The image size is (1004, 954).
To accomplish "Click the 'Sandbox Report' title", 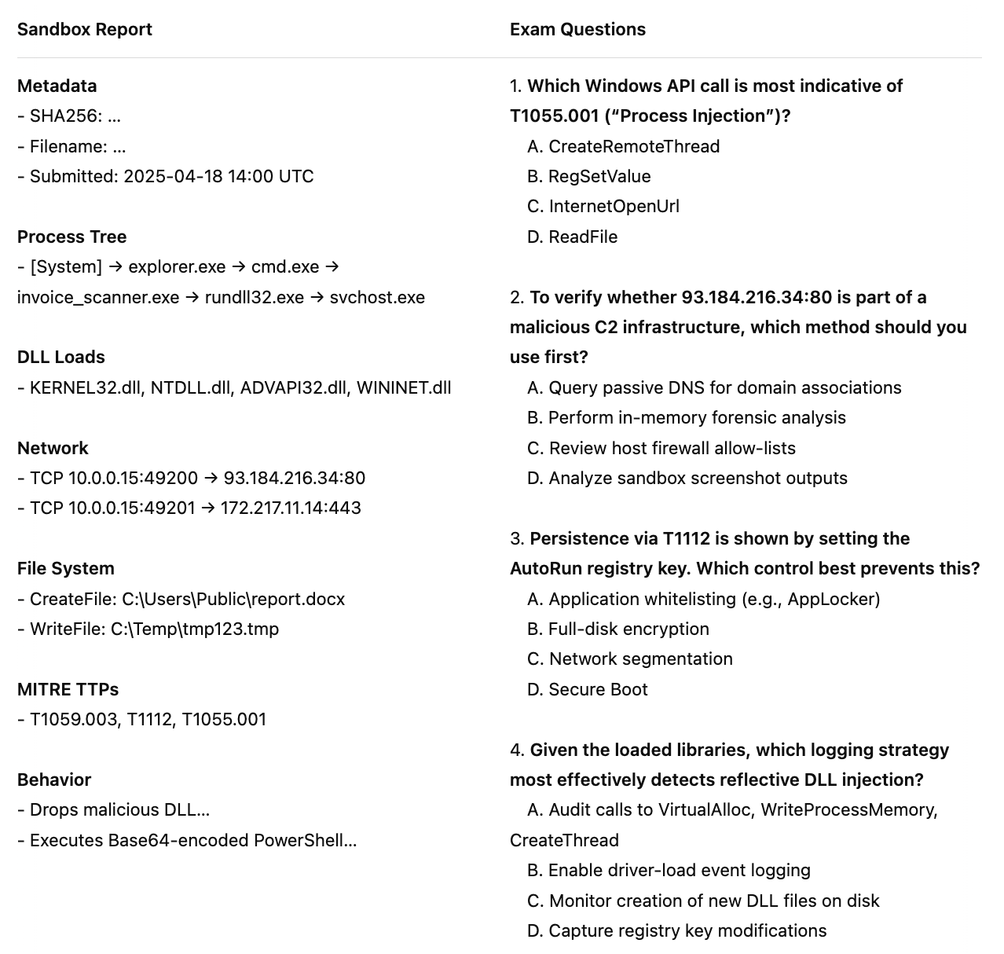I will (x=84, y=30).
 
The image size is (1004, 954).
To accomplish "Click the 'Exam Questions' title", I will (x=577, y=30).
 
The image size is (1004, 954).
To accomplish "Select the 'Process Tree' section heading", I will (x=71, y=237).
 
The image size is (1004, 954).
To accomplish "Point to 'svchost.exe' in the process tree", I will (x=377, y=298).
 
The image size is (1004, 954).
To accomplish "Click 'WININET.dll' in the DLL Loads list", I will (x=404, y=387).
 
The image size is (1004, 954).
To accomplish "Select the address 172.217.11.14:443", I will (x=291, y=508).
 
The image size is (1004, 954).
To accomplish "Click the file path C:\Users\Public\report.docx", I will (x=233, y=600).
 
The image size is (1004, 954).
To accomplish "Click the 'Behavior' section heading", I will (x=54, y=780).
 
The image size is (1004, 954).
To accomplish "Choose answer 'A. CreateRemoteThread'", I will (x=624, y=147).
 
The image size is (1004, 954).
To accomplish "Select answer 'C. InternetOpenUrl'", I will (x=603, y=207).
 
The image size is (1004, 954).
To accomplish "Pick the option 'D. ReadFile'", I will (x=573, y=237).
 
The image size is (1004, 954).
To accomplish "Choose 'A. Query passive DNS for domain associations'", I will (x=714, y=388).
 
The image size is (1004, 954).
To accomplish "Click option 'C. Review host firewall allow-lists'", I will (x=661, y=449).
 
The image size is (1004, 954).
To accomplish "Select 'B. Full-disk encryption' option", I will (x=618, y=629).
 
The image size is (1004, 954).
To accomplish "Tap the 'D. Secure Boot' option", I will (x=588, y=690).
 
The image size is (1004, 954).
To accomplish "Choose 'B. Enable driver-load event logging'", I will (x=669, y=871).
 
